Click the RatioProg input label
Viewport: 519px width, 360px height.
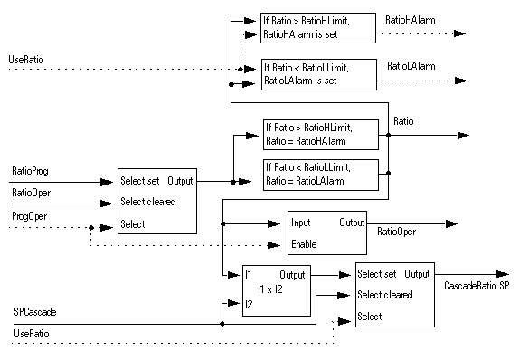(30, 170)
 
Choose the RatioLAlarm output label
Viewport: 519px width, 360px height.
(410, 66)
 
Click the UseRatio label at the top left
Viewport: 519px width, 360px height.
(26, 59)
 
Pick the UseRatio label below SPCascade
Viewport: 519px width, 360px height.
(31, 336)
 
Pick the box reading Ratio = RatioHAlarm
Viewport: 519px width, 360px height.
(320, 135)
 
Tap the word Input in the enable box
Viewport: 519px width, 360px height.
(301, 223)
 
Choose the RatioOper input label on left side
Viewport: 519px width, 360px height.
(30, 192)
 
